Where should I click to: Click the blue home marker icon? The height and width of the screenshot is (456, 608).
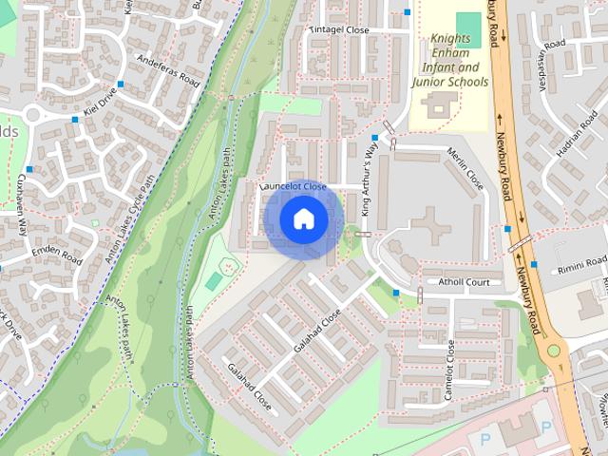303,219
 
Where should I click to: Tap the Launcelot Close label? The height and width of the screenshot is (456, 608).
294,187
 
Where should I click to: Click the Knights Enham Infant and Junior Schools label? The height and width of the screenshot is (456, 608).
449,61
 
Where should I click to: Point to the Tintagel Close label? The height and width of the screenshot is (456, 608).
339,30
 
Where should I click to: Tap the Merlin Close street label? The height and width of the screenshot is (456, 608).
465,169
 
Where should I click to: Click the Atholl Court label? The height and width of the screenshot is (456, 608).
464,282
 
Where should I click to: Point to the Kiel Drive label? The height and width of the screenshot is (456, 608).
99,104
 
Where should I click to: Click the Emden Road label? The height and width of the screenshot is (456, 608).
57,254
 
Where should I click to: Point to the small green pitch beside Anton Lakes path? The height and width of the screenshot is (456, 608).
214,281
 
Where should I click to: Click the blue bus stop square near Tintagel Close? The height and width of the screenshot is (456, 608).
408,12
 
